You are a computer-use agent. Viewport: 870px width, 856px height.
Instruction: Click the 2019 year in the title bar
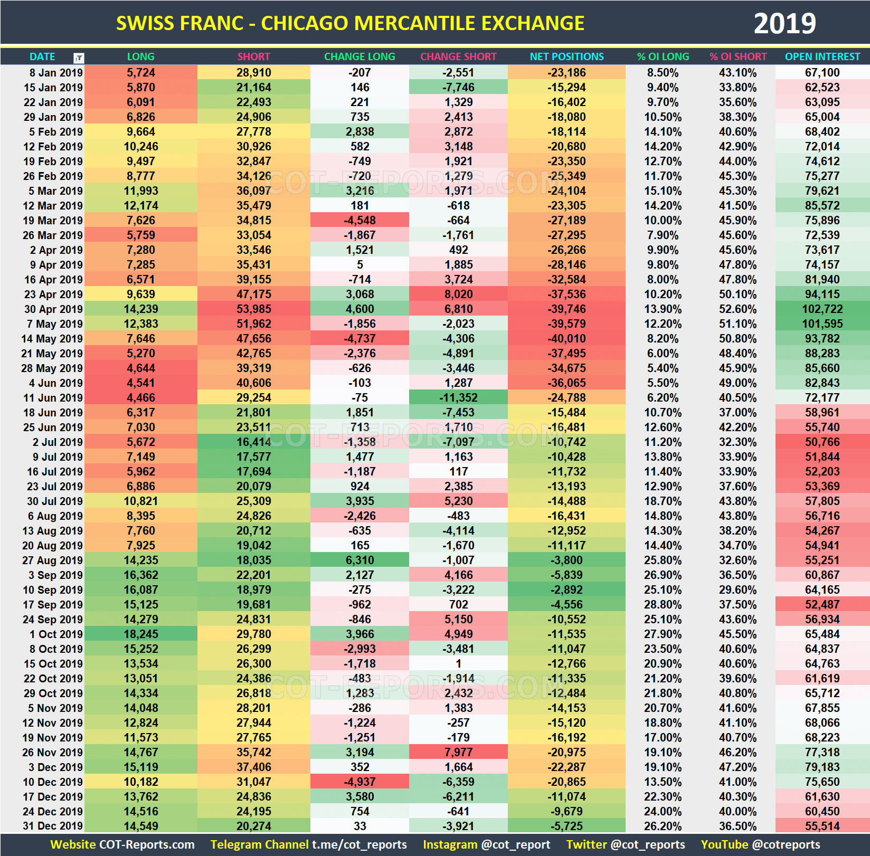[784, 24]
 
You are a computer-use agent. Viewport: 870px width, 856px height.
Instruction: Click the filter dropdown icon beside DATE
[79, 58]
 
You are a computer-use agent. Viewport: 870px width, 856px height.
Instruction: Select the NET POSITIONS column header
[566, 56]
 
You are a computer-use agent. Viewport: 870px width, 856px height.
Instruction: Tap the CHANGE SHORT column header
[458, 56]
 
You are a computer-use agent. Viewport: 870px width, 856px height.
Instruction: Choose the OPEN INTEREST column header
[822, 56]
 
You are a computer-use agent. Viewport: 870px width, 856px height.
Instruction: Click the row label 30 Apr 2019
[53, 309]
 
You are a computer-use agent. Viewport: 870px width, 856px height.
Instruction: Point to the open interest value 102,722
[822, 309]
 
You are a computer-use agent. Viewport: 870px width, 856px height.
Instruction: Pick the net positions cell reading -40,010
[566, 339]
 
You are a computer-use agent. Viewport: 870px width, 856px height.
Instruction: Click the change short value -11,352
[458, 398]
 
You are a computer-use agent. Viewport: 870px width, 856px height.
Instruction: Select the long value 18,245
[140, 634]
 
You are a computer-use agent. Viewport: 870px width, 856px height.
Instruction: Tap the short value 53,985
[253, 309]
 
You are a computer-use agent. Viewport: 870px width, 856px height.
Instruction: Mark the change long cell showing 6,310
[360, 560]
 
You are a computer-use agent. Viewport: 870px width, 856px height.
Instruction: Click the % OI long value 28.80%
[663, 605]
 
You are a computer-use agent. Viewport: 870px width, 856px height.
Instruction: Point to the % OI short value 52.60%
[737, 309]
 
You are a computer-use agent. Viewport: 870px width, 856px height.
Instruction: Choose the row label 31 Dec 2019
[53, 826]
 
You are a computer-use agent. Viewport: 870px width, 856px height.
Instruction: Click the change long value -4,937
[360, 782]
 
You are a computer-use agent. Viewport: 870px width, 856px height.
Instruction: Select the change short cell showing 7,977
[458, 753]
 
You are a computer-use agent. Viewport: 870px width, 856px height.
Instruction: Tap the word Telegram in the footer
[232, 845]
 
